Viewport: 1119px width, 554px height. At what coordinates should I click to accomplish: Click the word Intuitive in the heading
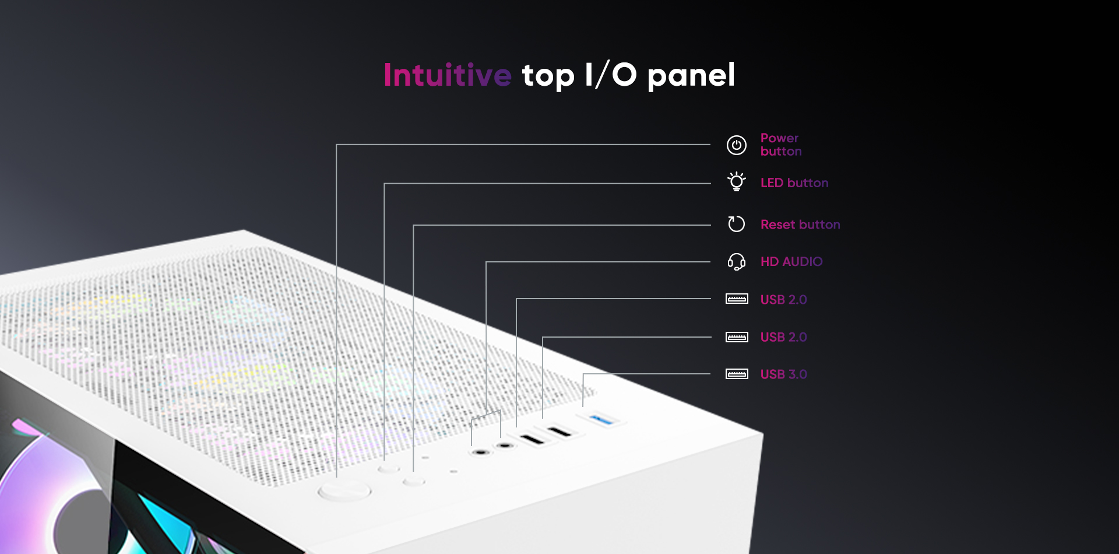pyautogui.click(x=448, y=75)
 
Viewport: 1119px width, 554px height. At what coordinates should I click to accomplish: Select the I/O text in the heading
pyautogui.click(x=611, y=75)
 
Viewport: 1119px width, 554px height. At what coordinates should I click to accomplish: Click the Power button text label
pyautogui.click(x=781, y=145)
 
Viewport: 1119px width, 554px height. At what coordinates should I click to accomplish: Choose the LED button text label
pyautogui.click(x=794, y=183)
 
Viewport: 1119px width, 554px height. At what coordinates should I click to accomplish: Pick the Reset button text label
pyautogui.click(x=800, y=225)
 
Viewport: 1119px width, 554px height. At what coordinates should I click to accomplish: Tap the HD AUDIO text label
pyautogui.click(x=791, y=262)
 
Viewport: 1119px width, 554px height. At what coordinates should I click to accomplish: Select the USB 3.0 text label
pyautogui.click(x=784, y=374)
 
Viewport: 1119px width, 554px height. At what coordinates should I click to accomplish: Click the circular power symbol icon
pyautogui.click(x=737, y=145)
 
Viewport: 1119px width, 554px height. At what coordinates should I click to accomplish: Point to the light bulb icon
pyautogui.click(x=737, y=181)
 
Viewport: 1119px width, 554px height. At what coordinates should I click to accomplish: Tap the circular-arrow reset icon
pyautogui.click(x=737, y=224)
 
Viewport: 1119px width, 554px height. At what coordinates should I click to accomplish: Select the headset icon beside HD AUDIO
pyautogui.click(x=737, y=262)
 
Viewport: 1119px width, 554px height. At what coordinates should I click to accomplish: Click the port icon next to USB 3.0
pyautogui.click(x=737, y=374)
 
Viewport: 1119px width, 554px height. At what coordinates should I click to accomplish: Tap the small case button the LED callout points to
pyautogui.click(x=389, y=468)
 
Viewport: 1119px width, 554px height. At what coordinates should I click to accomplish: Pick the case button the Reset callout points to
pyautogui.click(x=414, y=482)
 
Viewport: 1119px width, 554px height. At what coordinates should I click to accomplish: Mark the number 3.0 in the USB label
pyautogui.click(x=798, y=374)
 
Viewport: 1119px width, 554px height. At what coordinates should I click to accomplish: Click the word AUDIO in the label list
pyautogui.click(x=803, y=262)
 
